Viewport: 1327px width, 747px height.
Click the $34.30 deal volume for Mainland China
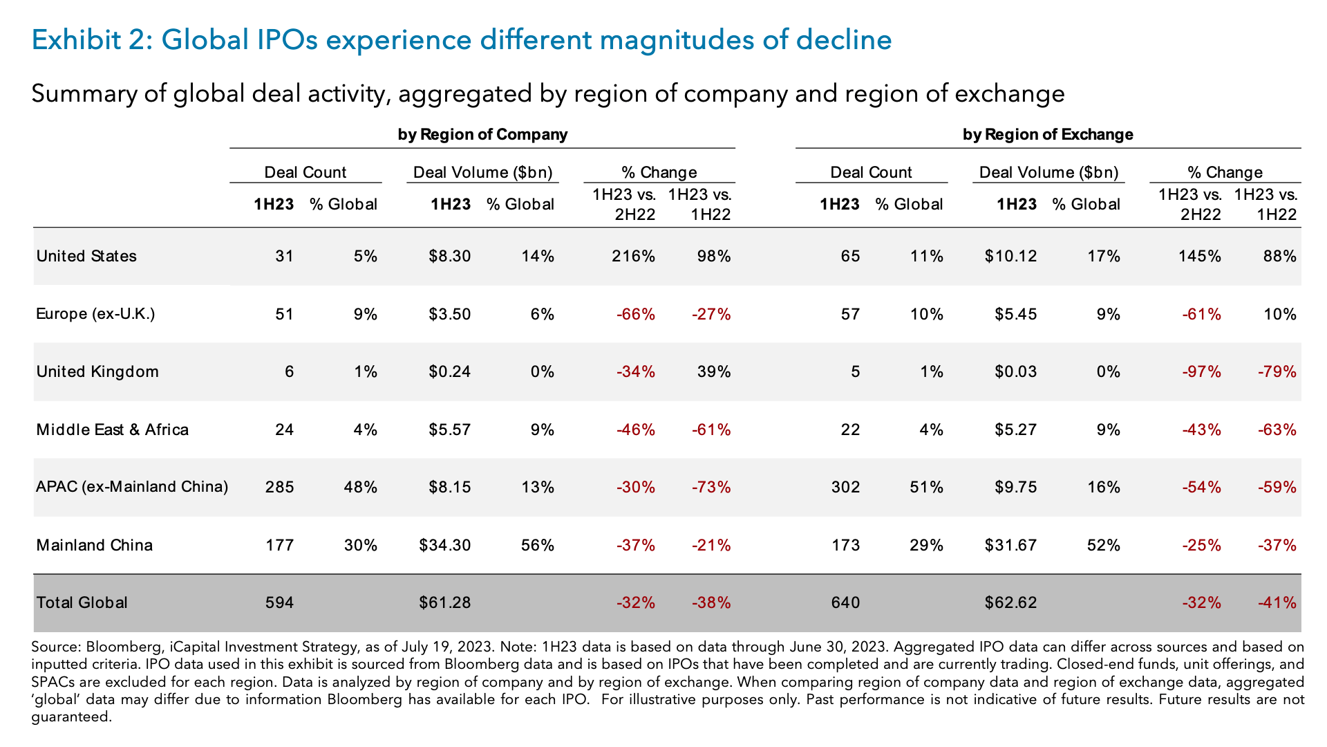[x=444, y=545]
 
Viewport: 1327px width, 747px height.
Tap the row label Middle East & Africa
[x=112, y=430]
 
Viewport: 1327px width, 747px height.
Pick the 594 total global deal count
[x=279, y=602]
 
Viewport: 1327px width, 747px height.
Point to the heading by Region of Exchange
[x=1048, y=134]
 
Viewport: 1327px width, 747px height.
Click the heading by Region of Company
[x=482, y=134]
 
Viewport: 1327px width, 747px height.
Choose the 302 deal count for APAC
[x=845, y=487]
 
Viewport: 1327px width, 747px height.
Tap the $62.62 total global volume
[x=1010, y=602]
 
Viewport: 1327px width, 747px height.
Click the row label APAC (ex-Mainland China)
[x=132, y=487]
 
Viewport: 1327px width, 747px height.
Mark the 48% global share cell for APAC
[x=360, y=487]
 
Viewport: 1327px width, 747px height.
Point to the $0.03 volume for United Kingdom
[x=1015, y=372]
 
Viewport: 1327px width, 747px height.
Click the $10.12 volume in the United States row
[x=1010, y=257]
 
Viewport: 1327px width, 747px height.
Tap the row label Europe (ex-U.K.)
[x=95, y=314]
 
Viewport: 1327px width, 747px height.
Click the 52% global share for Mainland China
[x=1103, y=545]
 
